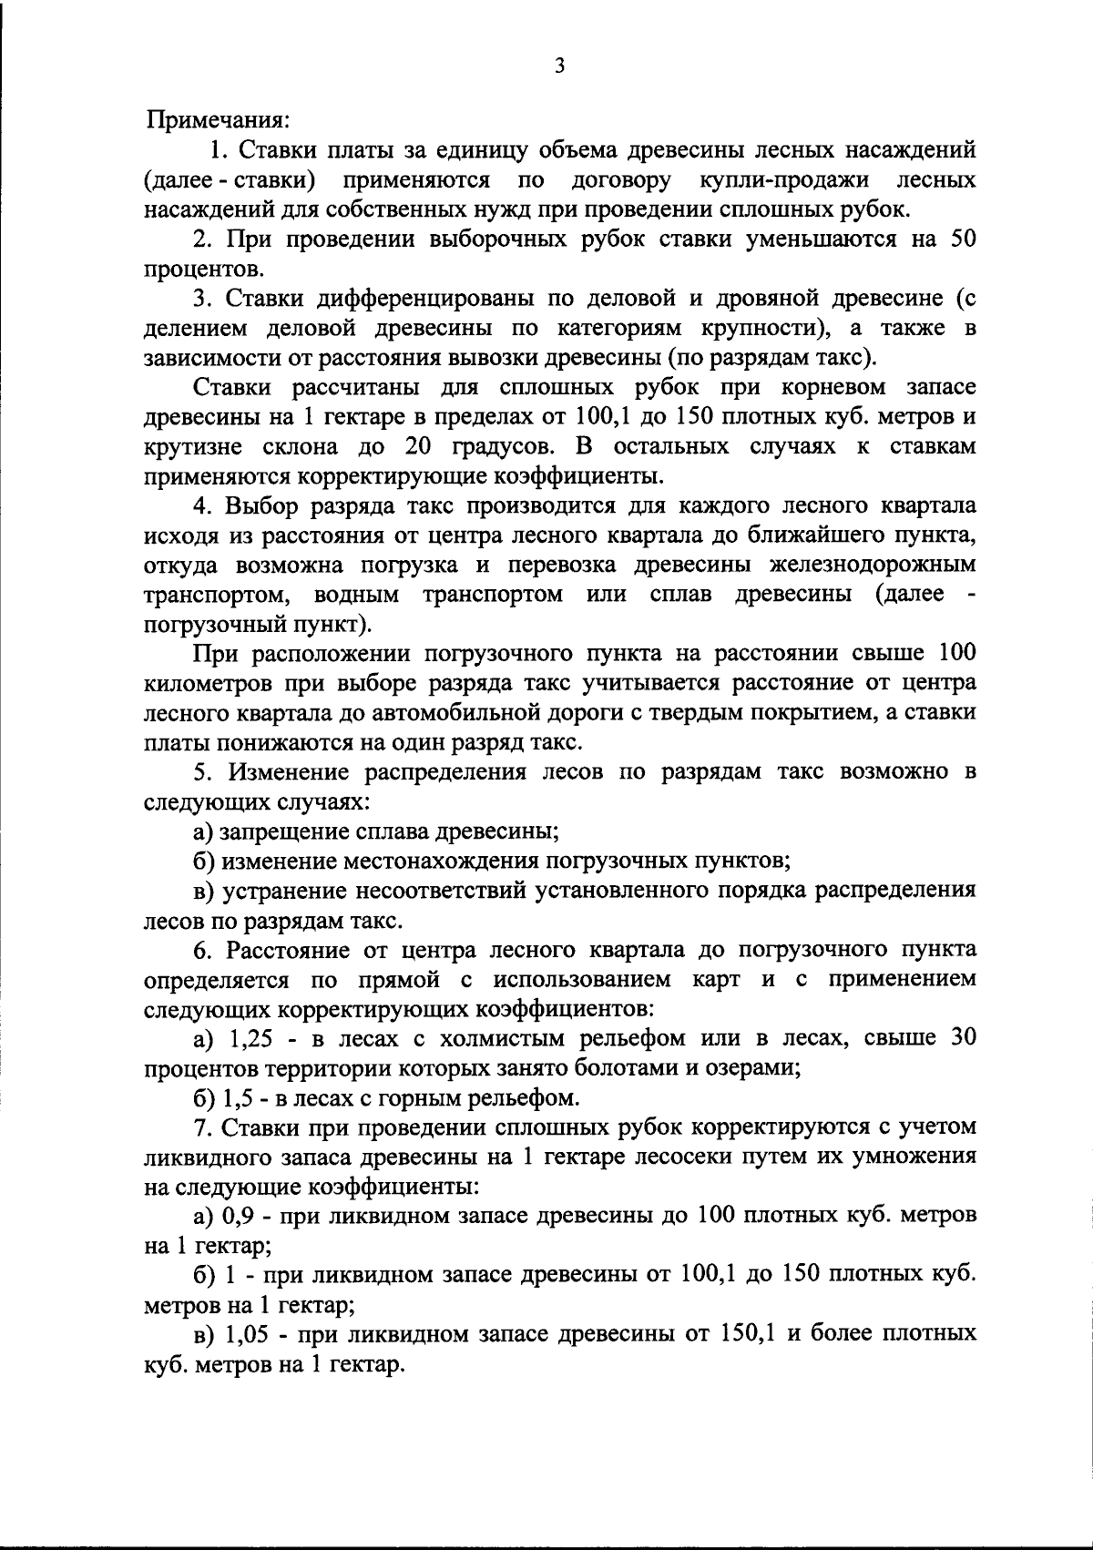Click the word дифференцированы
pos(424,298)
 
